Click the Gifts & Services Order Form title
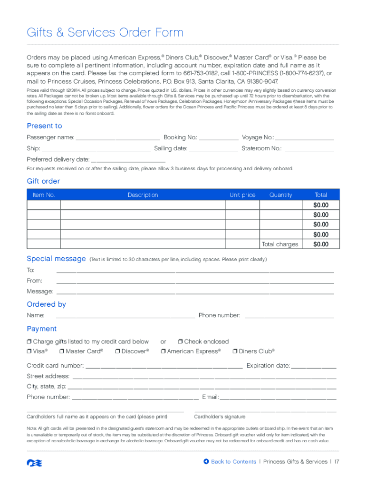point(105,33)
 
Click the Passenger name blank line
point(117,138)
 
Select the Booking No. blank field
point(219,138)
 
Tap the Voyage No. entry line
point(305,138)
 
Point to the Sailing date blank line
point(213,149)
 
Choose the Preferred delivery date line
point(128,160)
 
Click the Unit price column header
point(242,195)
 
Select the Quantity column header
point(280,195)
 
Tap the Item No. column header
point(44,195)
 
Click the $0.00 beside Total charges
point(321,244)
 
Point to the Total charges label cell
point(280,244)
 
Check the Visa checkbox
point(29,351)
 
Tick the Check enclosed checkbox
point(181,341)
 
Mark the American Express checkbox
point(163,351)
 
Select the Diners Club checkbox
point(235,351)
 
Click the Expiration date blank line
point(314,366)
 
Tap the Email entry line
point(278,398)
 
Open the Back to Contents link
point(230,462)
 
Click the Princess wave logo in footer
point(32,462)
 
